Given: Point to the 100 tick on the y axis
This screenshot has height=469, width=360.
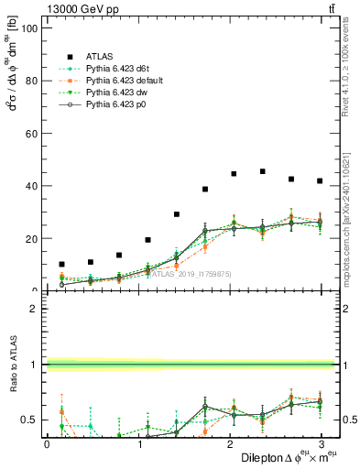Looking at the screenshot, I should pos(27,27).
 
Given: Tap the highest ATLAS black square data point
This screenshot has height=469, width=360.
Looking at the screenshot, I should pos(263,171).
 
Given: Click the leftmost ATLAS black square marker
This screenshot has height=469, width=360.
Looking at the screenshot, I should pos(61,264).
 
